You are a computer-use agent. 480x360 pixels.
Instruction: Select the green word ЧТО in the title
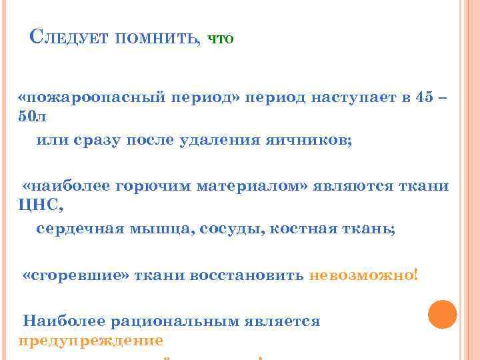point(221,39)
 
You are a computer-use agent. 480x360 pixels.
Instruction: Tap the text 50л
point(33,116)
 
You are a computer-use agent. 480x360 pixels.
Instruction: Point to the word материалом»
point(253,185)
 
